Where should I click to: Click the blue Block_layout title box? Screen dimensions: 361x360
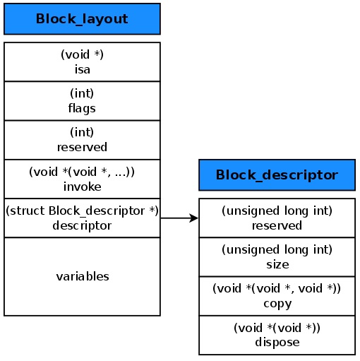tap(82, 19)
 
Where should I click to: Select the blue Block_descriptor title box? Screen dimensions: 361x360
tap(277, 174)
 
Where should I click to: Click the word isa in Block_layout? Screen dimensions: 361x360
tap(82, 69)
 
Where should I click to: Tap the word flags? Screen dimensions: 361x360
tap(82, 108)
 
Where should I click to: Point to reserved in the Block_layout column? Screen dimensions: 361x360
tap(82, 147)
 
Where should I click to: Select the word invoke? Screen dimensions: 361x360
tap(82, 187)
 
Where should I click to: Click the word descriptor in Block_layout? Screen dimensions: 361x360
tap(82, 225)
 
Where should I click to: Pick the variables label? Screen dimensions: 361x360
tap(82, 276)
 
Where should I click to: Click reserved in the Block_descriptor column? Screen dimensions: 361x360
tap(277, 225)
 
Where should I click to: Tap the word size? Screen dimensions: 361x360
tap(277, 264)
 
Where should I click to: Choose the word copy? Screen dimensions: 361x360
tap(277, 303)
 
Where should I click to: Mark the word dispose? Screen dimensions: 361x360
tap(277, 342)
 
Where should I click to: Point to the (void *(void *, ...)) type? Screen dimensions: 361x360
tap(82, 172)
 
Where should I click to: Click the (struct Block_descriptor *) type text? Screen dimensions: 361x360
tap(82, 211)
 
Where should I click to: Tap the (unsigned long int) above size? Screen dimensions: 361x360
tap(277, 250)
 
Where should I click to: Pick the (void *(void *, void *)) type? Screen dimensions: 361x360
tap(277, 289)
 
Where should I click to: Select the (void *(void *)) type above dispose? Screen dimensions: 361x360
tap(277, 328)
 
